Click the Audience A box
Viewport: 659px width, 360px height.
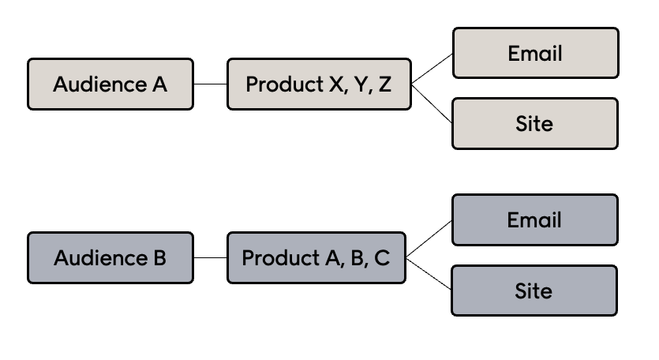point(110,84)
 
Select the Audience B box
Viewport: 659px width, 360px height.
point(110,257)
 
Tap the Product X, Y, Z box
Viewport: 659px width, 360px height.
point(319,84)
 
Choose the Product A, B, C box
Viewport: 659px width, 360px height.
point(316,257)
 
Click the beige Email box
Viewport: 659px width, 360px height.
point(535,53)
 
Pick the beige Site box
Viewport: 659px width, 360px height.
point(535,123)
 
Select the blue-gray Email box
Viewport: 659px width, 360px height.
point(534,219)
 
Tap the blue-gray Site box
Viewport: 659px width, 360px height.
point(534,291)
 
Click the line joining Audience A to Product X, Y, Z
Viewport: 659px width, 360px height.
point(210,84)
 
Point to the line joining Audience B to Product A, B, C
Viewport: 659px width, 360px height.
point(210,257)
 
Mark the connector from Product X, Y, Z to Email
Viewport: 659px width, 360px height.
point(432,69)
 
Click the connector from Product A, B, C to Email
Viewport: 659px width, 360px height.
point(429,239)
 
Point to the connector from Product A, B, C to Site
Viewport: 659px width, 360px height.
point(429,275)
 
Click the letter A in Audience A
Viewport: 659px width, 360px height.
point(160,84)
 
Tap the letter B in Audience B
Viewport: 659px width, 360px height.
point(159,258)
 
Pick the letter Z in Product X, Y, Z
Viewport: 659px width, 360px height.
point(384,84)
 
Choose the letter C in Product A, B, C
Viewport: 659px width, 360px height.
point(382,258)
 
